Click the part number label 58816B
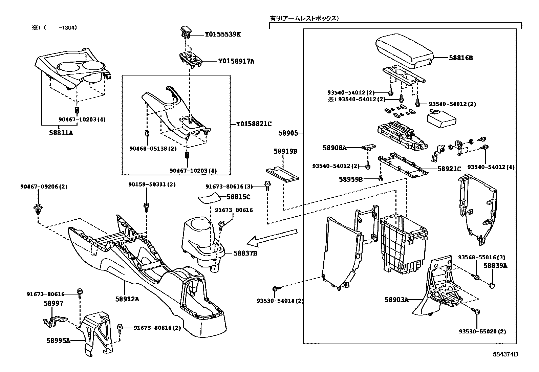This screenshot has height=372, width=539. pos(461,58)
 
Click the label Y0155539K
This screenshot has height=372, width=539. pos(222,35)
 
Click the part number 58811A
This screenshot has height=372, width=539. pos(61,133)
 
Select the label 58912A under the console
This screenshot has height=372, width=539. pos(127,299)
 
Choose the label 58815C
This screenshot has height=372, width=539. pos(238,197)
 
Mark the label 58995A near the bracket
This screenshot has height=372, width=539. pos(58,340)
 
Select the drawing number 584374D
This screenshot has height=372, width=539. pos(505,354)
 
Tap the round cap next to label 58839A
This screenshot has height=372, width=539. pos(493,286)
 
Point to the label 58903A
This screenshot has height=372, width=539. pos(396,300)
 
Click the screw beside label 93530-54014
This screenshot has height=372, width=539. pos(275,289)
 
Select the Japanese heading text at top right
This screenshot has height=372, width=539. pos(304,18)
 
